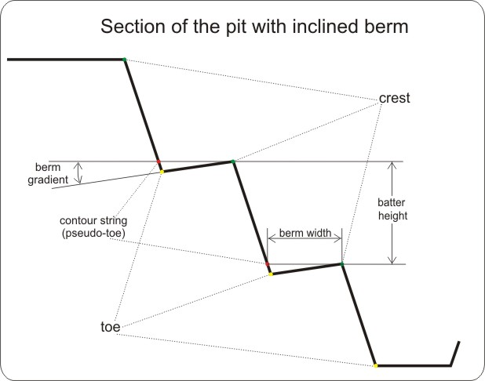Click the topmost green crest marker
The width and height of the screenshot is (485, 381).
coord(124,60)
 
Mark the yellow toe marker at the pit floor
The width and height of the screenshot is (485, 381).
coord(375,365)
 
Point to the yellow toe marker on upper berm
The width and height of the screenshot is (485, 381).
coord(162,171)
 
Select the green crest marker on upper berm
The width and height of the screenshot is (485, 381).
coord(232,161)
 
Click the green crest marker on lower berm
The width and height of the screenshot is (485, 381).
coord(341,263)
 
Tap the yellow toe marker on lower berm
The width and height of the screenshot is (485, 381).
coord(271,274)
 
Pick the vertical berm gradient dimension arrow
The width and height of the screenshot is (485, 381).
coord(78,172)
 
